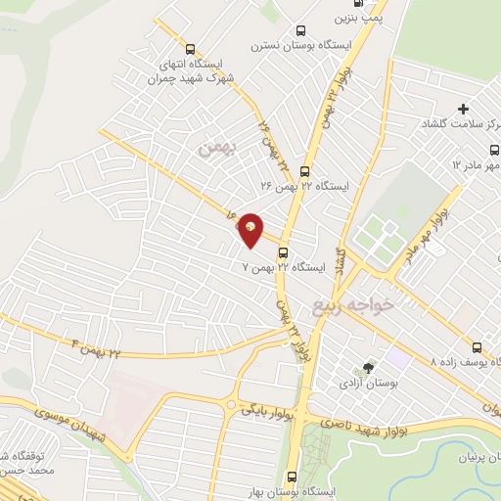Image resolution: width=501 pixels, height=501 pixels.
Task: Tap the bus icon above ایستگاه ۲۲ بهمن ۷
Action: coord(283,251)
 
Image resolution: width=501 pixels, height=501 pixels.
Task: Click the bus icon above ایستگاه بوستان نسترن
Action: coord(300,31)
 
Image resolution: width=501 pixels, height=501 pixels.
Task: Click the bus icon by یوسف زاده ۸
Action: coord(477,347)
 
